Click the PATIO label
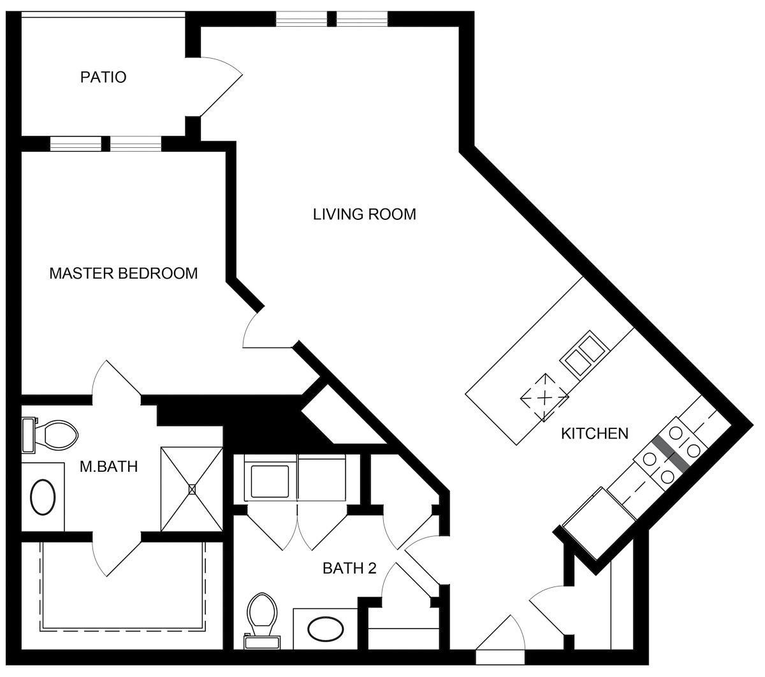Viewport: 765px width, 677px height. click(x=103, y=77)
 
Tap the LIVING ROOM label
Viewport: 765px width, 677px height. click(x=365, y=214)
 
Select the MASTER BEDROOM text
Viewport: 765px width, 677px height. click(x=124, y=273)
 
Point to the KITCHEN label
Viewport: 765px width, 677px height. click(x=595, y=433)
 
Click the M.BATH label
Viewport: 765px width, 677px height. click(x=109, y=467)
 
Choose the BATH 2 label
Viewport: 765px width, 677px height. click(x=349, y=568)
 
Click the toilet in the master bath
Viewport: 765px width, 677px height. click(x=50, y=435)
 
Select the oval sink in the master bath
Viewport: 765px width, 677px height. click(x=43, y=497)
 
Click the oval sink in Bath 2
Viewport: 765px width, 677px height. click(x=326, y=629)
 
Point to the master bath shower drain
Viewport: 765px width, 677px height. click(x=192, y=490)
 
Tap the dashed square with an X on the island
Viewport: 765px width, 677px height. click(x=544, y=398)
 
